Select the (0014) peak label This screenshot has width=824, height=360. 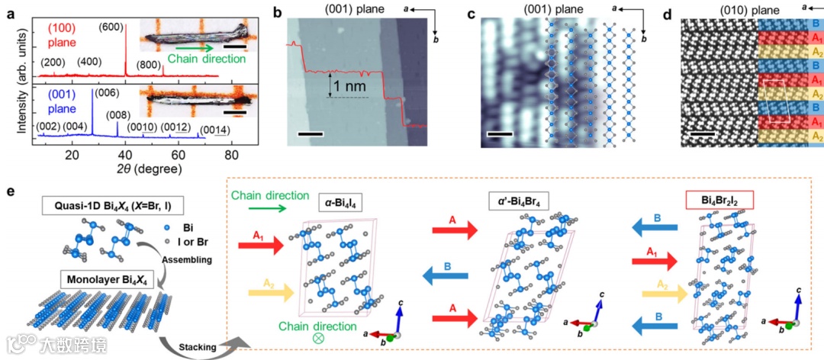pos(214,130)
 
